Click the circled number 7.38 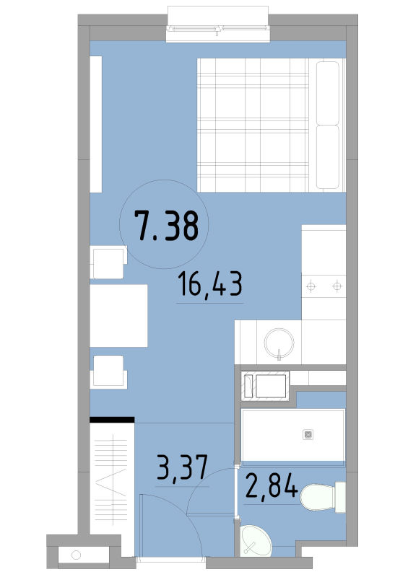pyautogui.click(x=166, y=226)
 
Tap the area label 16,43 pyautogui.click(x=209, y=283)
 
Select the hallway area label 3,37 pyautogui.click(x=183, y=467)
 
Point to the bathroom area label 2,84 pyautogui.click(x=272, y=485)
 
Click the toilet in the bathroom pyautogui.click(x=323, y=497)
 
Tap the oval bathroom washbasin pyautogui.click(x=255, y=541)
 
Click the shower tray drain pyautogui.click(x=308, y=435)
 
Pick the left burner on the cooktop pyautogui.click(x=311, y=286)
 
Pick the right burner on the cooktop pyautogui.click(x=337, y=286)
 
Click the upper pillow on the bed pyautogui.click(x=328, y=93)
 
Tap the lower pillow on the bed pyautogui.click(x=328, y=157)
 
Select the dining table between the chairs pyautogui.click(x=118, y=315)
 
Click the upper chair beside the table pyautogui.click(x=108, y=262)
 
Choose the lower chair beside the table pyautogui.click(x=108, y=371)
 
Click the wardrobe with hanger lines pyautogui.click(x=112, y=489)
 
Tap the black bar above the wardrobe pyautogui.click(x=112, y=420)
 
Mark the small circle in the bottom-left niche pyautogui.click(x=76, y=555)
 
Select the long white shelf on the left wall pyautogui.click(x=96, y=124)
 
